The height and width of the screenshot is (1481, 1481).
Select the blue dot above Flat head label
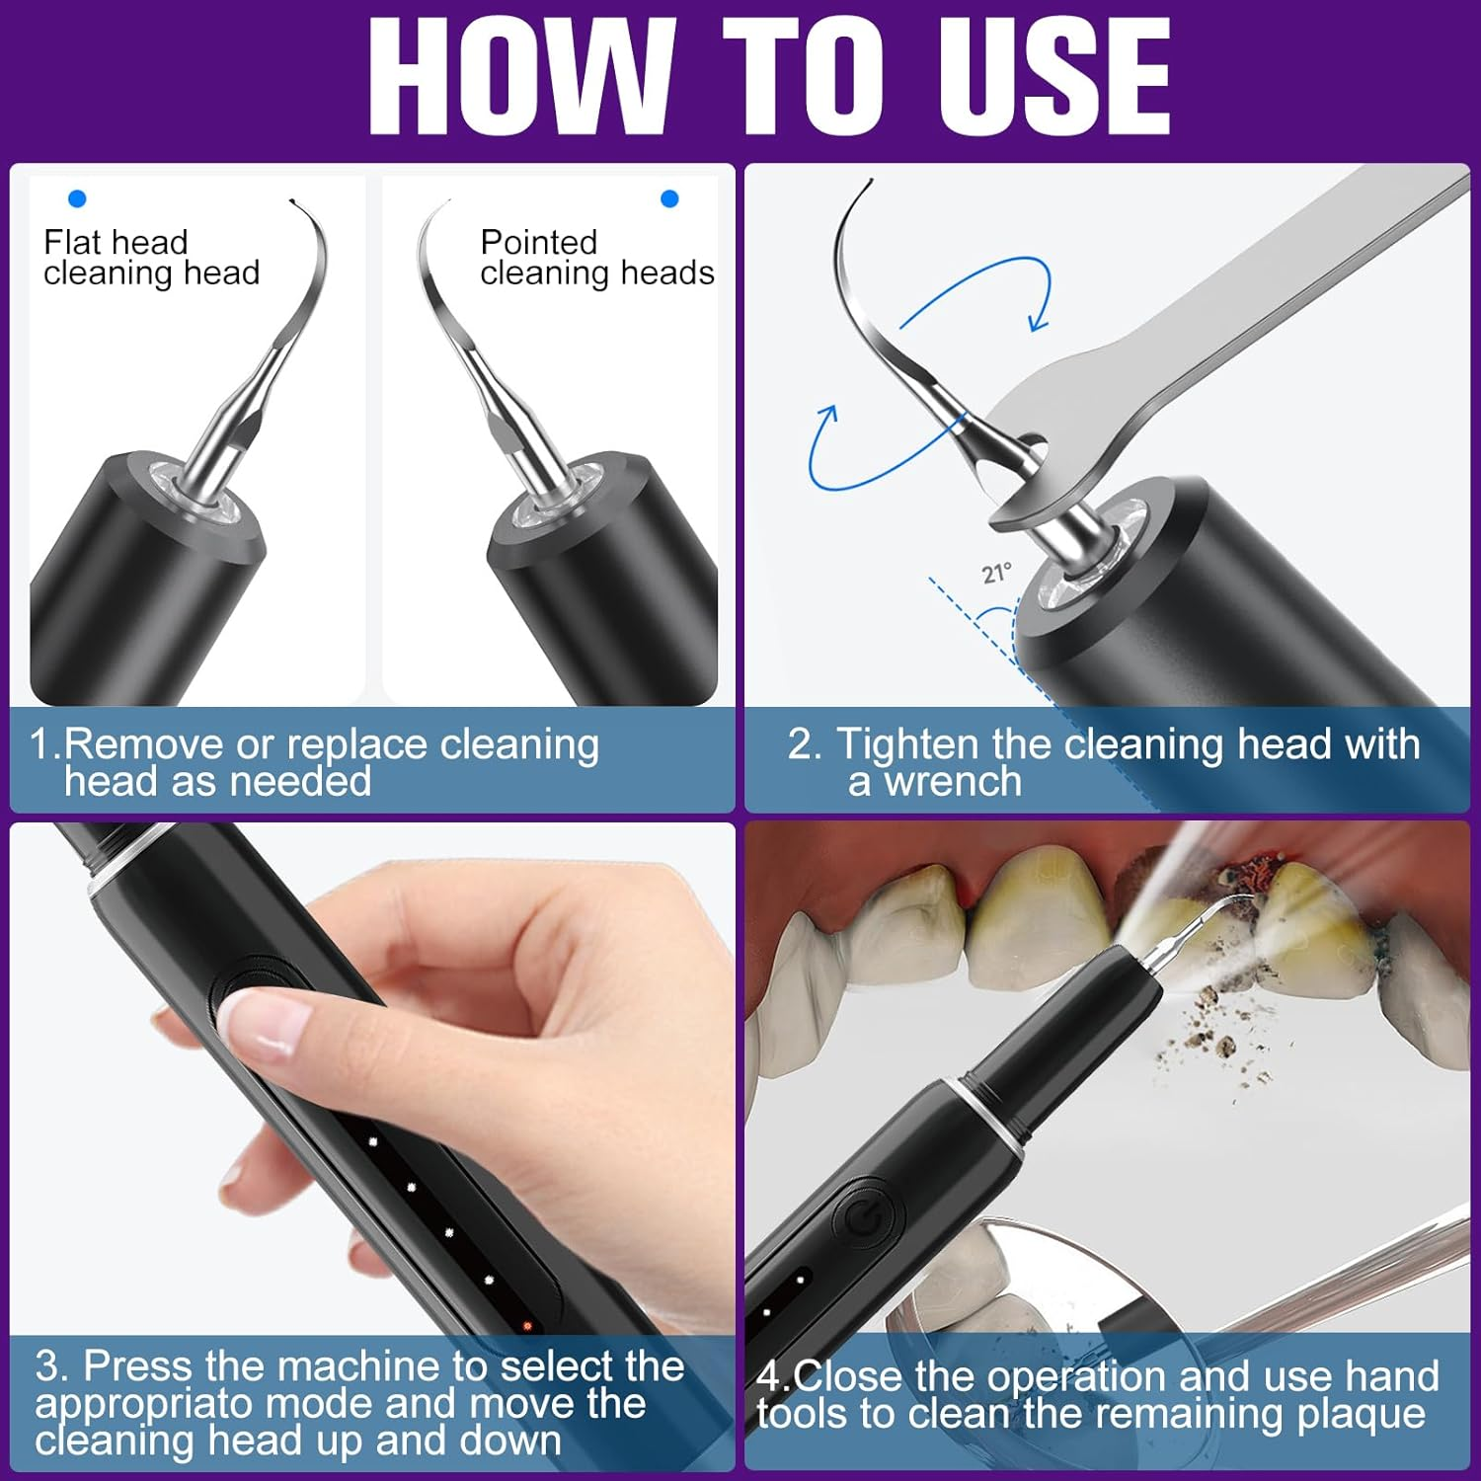click(77, 198)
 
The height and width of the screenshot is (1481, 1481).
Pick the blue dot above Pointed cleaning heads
click(669, 198)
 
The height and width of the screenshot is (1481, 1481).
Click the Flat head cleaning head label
click(151, 258)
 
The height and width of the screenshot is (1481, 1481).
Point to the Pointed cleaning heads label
click(596, 258)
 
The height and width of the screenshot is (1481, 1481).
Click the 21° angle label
click(996, 573)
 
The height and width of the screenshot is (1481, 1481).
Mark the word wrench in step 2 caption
click(952, 782)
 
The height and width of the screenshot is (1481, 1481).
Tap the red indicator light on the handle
click(527, 1325)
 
